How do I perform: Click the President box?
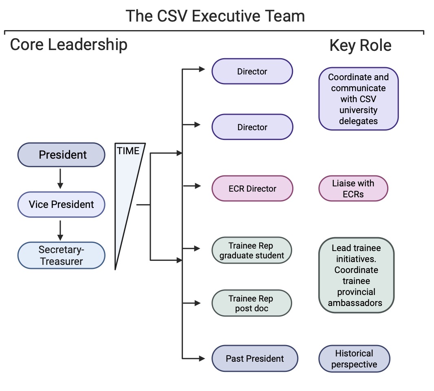click(x=62, y=155)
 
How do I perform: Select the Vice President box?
click(x=62, y=204)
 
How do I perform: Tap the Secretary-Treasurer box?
click(x=62, y=255)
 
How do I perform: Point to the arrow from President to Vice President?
click(x=60, y=179)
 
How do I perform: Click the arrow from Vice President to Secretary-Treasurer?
click(x=60, y=230)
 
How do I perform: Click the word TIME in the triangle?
click(x=128, y=151)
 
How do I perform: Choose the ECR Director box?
click(x=252, y=188)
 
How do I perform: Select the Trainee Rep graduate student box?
click(x=252, y=251)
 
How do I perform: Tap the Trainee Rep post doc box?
click(x=252, y=303)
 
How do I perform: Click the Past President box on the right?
click(x=255, y=358)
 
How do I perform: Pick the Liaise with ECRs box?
click(x=353, y=188)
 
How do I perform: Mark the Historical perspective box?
click(x=354, y=359)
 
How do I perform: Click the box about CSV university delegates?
click(x=359, y=99)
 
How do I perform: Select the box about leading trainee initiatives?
click(x=356, y=275)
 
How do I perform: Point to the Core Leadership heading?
click(x=68, y=44)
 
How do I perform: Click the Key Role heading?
click(x=360, y=46)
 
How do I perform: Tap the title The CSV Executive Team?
click(x=215, y=16)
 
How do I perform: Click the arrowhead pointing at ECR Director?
click(x=198, y=186)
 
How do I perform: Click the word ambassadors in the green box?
click(x=355, y=303)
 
